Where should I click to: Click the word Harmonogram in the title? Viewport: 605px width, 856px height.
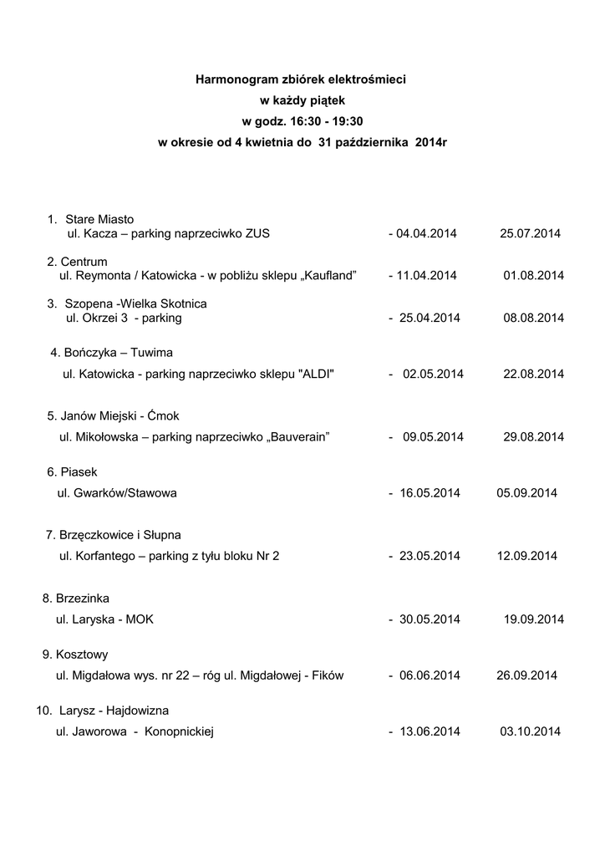[231, 79]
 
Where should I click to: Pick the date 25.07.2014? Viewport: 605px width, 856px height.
[531, 233]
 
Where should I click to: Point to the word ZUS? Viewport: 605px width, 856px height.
[258, 233]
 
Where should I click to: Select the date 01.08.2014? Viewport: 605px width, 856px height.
[534, 276]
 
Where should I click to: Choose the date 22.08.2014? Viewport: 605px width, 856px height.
[534, 374]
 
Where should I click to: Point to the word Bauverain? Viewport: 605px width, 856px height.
[297, 437]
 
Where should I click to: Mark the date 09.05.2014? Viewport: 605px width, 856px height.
[433, 437]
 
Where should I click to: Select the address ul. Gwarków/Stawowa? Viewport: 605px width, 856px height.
[117, 493]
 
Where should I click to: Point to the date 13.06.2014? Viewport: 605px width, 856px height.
[430, 732]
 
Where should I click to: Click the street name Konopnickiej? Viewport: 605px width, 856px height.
[180, 732]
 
